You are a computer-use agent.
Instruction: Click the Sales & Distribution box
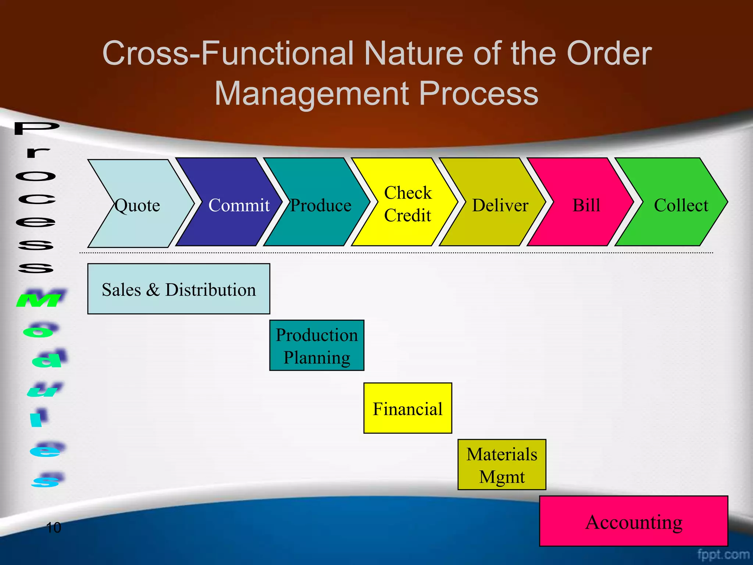(x=179, y=289)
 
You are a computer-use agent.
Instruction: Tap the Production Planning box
(x=317, y=346)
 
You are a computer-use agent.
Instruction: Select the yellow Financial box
(x=407, y=408)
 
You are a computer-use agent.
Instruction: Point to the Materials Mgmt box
(x=502, y=465)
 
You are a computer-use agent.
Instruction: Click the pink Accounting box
(x=634, y=522)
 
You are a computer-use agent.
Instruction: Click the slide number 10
(x=53, y=527)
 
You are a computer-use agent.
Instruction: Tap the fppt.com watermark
(x=723, y=554)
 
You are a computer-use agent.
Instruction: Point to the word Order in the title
(x=609, y=54)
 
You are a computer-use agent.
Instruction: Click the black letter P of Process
(x=37, y=128)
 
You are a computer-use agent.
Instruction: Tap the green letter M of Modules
(x=41, y=299)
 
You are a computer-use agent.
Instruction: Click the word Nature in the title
(x=413, y=54)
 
